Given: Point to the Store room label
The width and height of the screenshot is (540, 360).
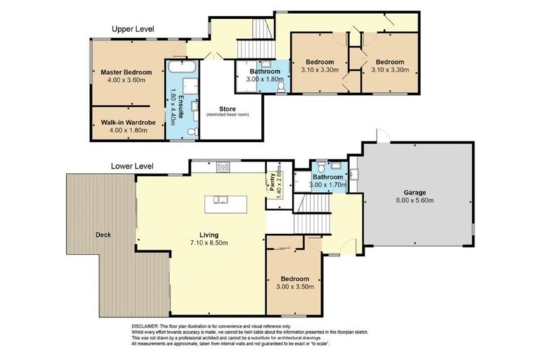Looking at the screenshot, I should pyautogui.click(x=227, y=108).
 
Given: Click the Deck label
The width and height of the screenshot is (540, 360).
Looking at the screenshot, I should pyautogui.click(x=103, y=235).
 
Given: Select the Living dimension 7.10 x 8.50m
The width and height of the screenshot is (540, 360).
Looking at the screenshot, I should pyautogui.click(x=208, y=243).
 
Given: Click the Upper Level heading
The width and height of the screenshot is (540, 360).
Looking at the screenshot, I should pyautogui.click(x=133, y=29).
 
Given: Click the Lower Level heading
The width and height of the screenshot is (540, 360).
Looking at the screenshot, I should pyautogui.click(x=132, y=167).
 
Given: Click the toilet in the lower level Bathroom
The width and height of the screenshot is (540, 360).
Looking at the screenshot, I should pyautogui.click(x=321, y=167).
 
